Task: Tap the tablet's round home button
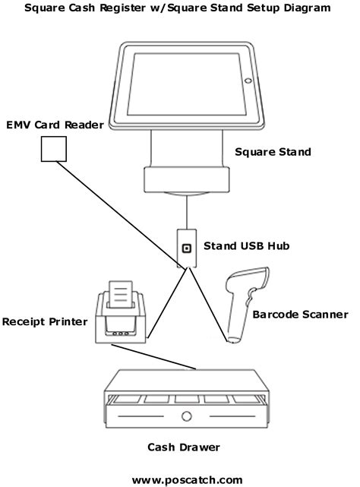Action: [x=248, y=81]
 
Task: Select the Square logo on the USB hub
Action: [x=186, y=248]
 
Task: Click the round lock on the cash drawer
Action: [x=186, y=416]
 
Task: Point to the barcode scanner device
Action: [x=245, y=305]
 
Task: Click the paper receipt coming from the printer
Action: [x=121, y=294]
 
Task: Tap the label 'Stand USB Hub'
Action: [x=247, y=246]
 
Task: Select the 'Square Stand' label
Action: [x=273, y=152]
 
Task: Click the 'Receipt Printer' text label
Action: [x=45, y=322]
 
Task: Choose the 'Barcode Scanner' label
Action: [x=300, y=315]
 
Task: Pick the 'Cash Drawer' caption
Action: [x=184, y=447]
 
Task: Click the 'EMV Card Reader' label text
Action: [x=55, y=125]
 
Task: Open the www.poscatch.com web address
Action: [x=187, y=480]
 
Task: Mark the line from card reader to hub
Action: [x=118, y=214]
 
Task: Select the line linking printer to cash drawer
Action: [x=153, y=357]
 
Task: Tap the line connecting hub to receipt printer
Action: [x=168, y=303]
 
